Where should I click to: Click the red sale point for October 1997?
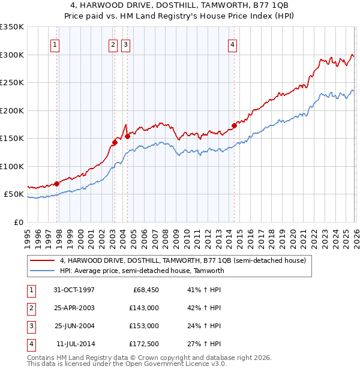point(57,184)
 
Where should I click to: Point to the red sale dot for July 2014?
point(234,126)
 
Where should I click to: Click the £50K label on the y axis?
point(14,194)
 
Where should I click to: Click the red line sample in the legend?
point(43,260)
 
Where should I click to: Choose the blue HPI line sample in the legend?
point(43,271)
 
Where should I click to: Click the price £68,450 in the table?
point(143,290)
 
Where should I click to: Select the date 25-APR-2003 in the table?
point(74,308)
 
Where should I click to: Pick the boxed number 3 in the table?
point(31,326)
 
